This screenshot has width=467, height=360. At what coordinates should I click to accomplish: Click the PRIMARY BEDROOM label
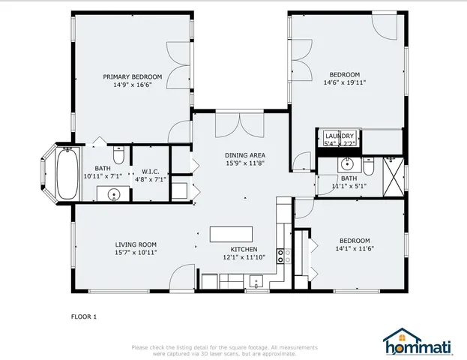coord(133,76)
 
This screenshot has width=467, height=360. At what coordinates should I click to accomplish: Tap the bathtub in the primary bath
coord(67,174)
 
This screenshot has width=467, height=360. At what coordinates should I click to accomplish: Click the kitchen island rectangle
coord(231,234)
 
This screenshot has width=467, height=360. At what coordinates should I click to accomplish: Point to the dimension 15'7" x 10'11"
coord(136,253)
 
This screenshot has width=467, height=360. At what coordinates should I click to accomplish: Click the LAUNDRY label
coord(339,135)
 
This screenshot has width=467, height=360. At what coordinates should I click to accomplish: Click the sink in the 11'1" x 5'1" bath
coord(347,164)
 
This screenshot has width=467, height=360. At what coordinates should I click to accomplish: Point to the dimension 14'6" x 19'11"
coord(345,82)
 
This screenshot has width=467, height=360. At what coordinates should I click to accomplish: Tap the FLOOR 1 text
coord(84,316)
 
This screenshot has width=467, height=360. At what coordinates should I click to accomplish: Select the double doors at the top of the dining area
coord(240,124)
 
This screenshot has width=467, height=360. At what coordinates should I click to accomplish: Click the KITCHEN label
coord(244,249)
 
